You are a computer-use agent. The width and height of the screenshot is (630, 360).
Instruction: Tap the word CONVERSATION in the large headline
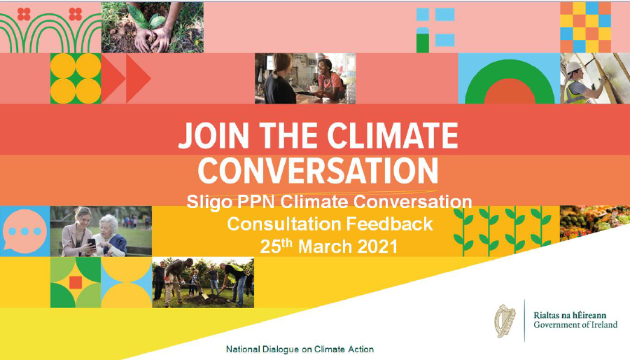pyautogui.click(x=318, y=171)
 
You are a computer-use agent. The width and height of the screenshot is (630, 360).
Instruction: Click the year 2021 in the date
pyautogui.click(x=377, y=246)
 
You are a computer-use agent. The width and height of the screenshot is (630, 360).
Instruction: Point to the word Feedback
pyautogui.click(x=389, y=224)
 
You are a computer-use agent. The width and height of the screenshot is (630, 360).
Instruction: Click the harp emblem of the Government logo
pyautogui.click(x=505, y=321)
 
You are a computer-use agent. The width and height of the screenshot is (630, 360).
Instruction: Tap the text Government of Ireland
pyautogui.click(x=575, y=325)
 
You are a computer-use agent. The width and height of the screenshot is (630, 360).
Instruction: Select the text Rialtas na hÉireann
pyautogui.click(x=570, y=315)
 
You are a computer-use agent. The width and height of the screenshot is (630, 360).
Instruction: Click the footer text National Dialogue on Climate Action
pyautogui.click(x=300, y=349)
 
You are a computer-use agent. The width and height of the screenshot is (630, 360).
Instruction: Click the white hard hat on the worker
pyautogui.click(x=573, y=67)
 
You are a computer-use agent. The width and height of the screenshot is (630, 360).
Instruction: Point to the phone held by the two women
pyautogui.click(x=92, y=242)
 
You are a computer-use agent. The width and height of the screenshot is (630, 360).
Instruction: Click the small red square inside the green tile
pyautogui.click(x=75, y=282)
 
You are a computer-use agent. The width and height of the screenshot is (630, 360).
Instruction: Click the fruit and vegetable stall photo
pyautogui.click(x=591, y=221)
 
